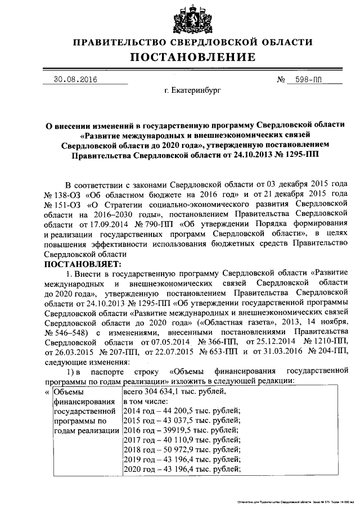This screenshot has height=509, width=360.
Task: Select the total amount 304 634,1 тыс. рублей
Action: point(166,392)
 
